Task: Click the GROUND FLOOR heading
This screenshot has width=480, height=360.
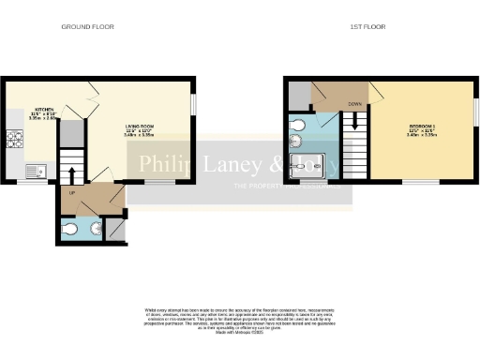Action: [87, 26]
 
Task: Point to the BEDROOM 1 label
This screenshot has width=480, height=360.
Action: [421, 125]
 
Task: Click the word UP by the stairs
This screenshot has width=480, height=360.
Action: [71, 193]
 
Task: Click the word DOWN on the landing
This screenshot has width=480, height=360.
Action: [355, 104]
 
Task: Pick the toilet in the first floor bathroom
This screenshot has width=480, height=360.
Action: [298, 125]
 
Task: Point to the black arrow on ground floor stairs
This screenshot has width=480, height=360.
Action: [71, 173]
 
